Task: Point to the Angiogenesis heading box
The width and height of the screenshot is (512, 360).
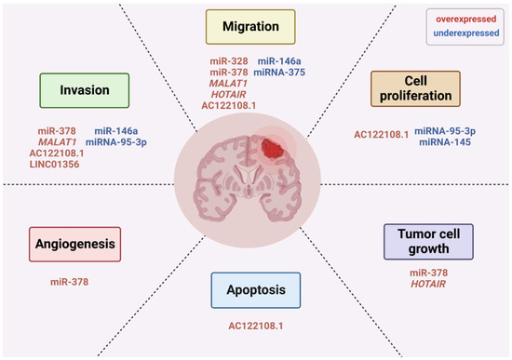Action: [75, 245]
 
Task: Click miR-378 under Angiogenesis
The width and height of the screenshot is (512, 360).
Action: [71, 280]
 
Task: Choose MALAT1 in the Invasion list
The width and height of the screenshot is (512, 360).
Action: [58, 142]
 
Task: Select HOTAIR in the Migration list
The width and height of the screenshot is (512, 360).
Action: [231, 96]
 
